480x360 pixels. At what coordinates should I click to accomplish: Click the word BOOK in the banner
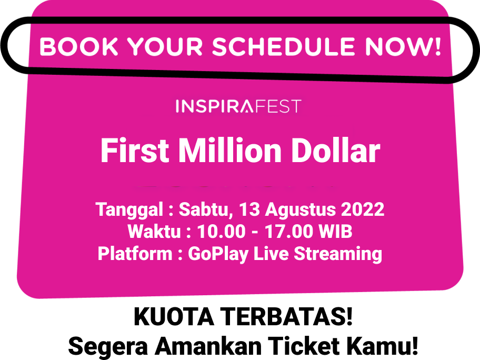point(78,46)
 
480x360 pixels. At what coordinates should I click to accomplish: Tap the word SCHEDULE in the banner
point(284,46)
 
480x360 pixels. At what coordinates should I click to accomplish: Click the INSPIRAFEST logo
point(239,106)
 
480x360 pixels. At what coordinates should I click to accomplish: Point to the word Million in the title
point(230,151)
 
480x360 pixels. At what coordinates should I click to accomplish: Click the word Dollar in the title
point(336,151)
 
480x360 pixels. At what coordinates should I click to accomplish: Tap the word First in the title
point(135,151)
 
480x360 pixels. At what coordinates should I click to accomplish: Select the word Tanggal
point(129,210)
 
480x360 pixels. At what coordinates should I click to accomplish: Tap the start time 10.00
point(222,231)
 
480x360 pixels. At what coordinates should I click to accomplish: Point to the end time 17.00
point(289,231)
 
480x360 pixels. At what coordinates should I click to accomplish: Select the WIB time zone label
point(335,231)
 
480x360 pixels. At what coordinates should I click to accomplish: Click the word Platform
point(135,253)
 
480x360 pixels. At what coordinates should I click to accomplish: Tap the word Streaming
point(338,254)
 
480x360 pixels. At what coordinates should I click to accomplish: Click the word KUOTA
point(174,316)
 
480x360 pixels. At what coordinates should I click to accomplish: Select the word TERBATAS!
point(287,316)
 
